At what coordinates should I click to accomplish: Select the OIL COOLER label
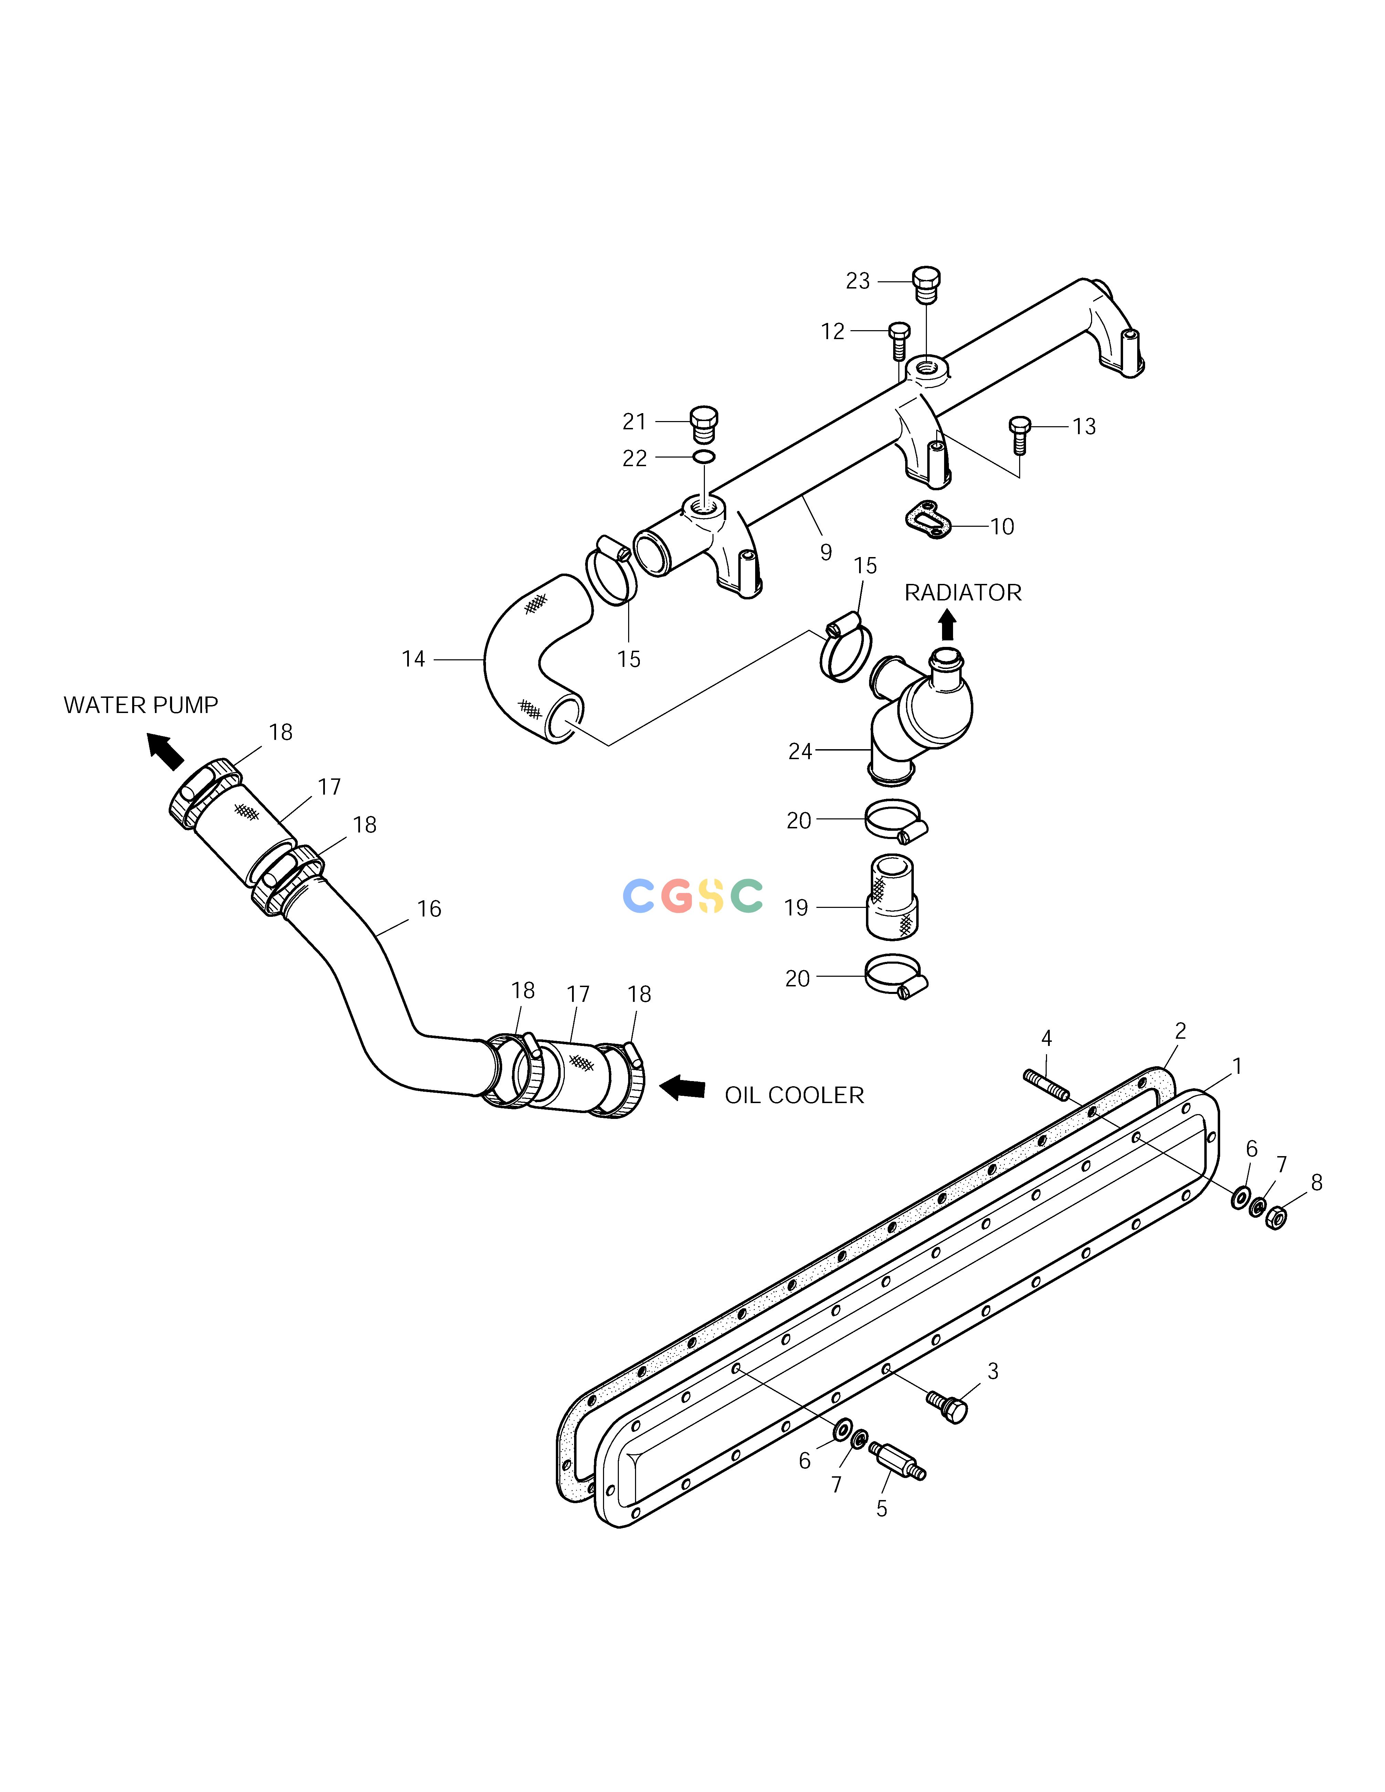click(794, 1096)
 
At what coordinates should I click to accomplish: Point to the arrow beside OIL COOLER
click(683, 1088)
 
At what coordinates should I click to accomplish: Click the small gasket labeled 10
click(926, 520)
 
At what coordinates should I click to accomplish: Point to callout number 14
click(413, 659)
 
